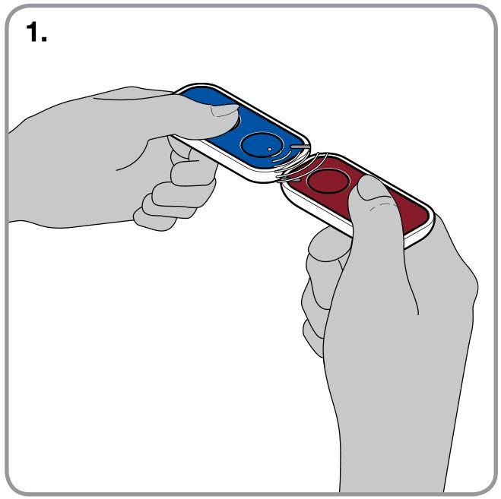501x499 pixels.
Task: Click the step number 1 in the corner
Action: point(33,32)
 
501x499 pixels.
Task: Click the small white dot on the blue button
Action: point(269,149)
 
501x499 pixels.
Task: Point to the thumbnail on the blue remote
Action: point(224,110)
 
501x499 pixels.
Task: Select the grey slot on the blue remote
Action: point(300,147)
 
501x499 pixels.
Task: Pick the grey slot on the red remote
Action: point(290,181)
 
